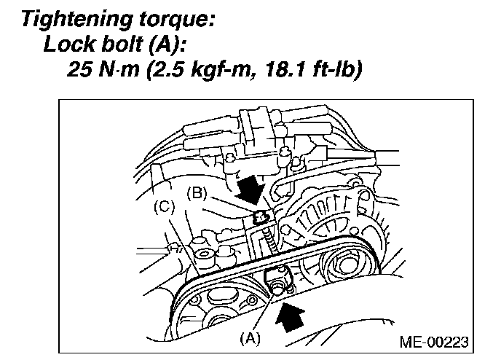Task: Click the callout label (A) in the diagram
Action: [252, 337]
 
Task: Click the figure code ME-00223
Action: [433, 341]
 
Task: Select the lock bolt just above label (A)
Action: [277, 285]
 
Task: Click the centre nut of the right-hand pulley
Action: [339, 265]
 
